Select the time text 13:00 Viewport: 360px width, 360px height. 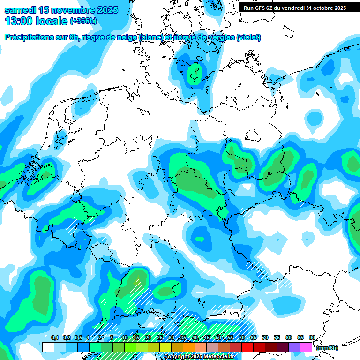point(18,21)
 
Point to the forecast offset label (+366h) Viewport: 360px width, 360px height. point(83,21)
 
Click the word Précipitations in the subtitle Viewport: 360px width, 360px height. point(30,37)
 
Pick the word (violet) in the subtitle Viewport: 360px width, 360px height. point(248,37)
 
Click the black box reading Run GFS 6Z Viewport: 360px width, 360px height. point(295,8)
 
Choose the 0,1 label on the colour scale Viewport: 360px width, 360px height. point(54,337)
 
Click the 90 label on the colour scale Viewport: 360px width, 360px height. point(312,337)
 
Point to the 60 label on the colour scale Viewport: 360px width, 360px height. point(241,337)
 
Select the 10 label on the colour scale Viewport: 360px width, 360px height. point(125,337)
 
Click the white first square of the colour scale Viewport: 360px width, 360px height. point(48,347)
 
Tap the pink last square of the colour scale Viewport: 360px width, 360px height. point(306,347)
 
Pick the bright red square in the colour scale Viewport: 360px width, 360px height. point(247,347)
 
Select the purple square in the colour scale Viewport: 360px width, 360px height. point(294,347)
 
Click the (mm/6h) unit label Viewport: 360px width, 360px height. point(327,348)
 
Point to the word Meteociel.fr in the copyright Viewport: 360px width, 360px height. point(219,357)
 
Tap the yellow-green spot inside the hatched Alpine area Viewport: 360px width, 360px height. point(137,282)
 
